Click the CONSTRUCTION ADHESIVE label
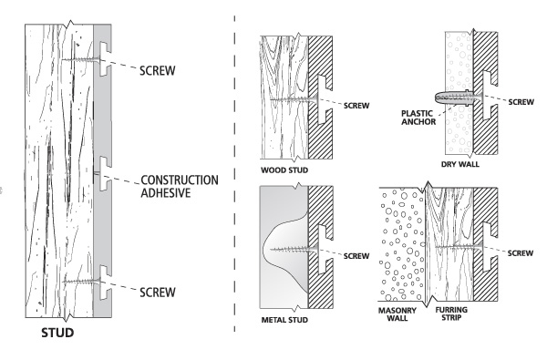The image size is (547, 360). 179,185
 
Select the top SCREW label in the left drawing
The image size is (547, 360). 161,69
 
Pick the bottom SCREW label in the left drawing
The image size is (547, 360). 161,292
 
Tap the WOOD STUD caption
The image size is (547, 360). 282,168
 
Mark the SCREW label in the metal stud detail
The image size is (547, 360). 355,255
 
